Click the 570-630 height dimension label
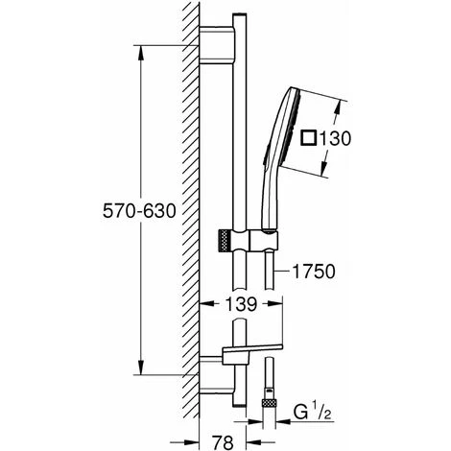pyautogui.click(x=139, y=211)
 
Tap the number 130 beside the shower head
pyautogui.click(x=335, y=138)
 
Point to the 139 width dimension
pyautogui.click(x=241, y=304)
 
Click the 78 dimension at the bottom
pyautogui.click(x=223, y=443)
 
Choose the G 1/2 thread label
pyautogui.click(x=313, y=413)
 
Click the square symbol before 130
pyautogui.click(x=309, y=138)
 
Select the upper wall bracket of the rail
pyautogui.click(x=217, y=45)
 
